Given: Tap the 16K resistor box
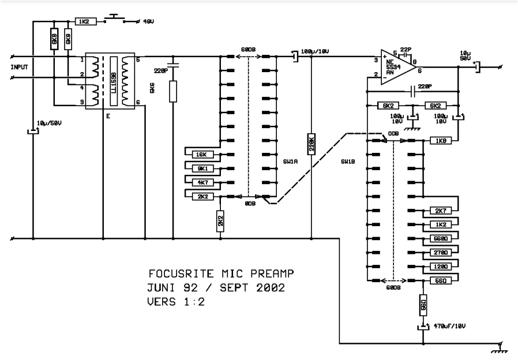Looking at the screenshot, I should pyautogui.click(x=201, y=155).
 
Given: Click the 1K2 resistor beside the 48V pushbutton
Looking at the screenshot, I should pyautogui.click(x=82, y=21).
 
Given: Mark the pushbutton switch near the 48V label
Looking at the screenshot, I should pyautogui.click(x=114, y=18).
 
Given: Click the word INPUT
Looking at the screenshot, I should pyautogui.click(x=19, y=67).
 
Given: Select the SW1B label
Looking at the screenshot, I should pyautogui.click(x=348, y=162).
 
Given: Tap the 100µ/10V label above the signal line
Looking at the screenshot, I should pyautogui.click(x=314, y=52).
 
